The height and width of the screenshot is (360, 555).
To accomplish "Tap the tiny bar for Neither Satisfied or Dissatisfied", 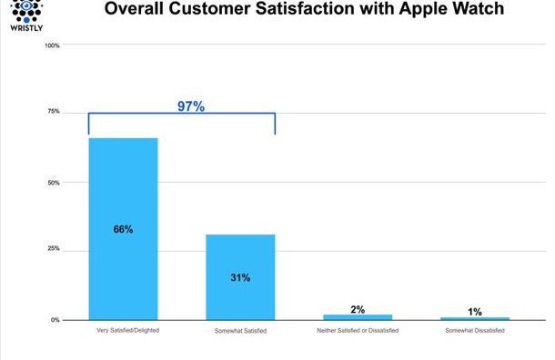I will coord(358,317).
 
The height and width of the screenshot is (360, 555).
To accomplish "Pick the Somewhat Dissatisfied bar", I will coord(475,318).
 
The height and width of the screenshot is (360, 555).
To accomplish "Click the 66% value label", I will coord(123,229).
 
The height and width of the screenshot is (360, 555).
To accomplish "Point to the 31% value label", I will coord(240,276).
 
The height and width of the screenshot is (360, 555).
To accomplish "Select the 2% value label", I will coord(358,309).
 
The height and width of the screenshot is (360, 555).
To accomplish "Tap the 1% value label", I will coord(475,311).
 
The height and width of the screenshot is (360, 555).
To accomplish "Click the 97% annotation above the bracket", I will coord(190,106).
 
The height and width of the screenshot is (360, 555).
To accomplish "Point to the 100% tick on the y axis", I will coord(53,45).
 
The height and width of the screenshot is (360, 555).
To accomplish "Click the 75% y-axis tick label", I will coord(54,112).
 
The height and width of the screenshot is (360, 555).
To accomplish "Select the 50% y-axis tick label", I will coord(54,182).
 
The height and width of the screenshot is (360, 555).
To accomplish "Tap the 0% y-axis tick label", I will coord(55,320).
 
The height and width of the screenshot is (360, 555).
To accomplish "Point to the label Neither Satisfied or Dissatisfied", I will coord(358,330).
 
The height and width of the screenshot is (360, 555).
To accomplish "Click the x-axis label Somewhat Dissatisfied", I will coord(474,330).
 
